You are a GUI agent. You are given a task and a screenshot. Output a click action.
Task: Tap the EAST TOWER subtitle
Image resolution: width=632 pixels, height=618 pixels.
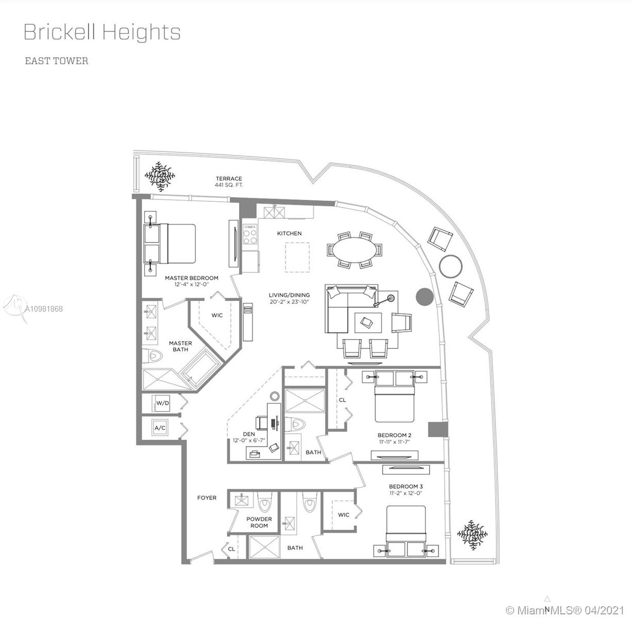pyautogui.click(x=57, y=61)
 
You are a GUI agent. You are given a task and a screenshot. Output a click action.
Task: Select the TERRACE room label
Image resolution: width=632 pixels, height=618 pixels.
pyautogui.click(x=229, y=179)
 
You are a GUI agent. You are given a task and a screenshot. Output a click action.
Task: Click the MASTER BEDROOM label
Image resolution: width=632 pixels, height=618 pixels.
pyautogui.click(x=191, y=278)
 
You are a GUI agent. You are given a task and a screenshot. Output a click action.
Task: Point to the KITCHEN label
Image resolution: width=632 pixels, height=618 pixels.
pyautogui.click(x=289, y=233)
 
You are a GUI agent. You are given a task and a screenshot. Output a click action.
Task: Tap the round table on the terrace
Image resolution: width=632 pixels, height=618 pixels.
pyautogui.click(x=450, y=266)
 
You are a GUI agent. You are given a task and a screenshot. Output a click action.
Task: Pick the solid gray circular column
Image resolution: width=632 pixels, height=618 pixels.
pyautogui.click(x=425, y=297)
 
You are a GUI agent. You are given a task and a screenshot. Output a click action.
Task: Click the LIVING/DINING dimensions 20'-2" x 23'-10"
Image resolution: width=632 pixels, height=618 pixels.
pyautogui.click(x=289, y=302)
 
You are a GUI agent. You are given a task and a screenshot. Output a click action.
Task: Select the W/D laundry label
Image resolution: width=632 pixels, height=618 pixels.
pyautogui.click(x=163, y=403)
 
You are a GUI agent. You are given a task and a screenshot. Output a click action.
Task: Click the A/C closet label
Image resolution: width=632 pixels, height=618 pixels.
pyautogui.click(x=160, y=428)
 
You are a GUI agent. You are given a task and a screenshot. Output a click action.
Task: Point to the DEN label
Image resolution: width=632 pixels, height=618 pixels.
pyautogui.click(x=249, y=434)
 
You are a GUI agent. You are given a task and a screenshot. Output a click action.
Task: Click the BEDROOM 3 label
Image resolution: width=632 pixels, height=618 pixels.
pyautogui.click(x=406, y=487)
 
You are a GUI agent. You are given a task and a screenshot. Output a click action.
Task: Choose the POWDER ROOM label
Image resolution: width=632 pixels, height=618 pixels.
pyautogui.click(x=259, y=522)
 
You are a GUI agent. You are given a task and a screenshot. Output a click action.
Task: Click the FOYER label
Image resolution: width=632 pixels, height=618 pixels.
pyautogui.click(x=207, y=498)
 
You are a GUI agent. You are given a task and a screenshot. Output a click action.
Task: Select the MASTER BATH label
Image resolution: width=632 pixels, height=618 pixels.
pyautogui.click(x=181, y=346)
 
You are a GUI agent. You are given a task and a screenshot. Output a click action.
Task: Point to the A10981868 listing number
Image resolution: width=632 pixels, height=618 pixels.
pyautogui.click(x=44, y=309)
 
